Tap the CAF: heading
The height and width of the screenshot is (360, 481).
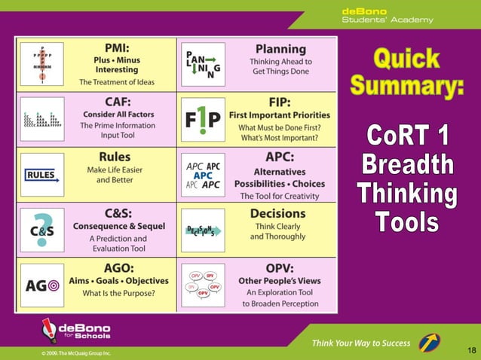pyautogui.click(x=115, y=99)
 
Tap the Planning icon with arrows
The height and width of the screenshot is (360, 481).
pyautogui.click(x=203, y=64)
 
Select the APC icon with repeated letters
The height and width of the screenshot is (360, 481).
pyautogui.click(x=203, y=175)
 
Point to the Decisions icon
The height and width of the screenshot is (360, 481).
pyautogui.click(x=203, y=230)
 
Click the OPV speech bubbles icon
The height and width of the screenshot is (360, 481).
pyautogui.click(x=203, y=285)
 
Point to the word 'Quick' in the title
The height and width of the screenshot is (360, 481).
pyautogui.click(x=406, y=58)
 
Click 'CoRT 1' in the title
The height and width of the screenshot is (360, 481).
pyautogui.click(x=407, y=137)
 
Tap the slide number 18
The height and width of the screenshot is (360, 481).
pyautogui.click(x=471, y=350)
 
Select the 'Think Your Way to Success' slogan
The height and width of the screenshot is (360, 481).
pyautogui.click(x=361, y=343)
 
